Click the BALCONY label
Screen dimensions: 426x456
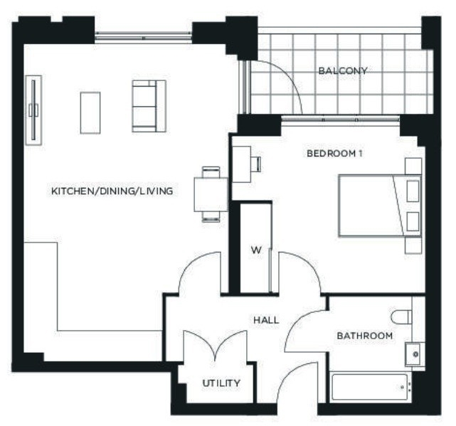click(342, 71)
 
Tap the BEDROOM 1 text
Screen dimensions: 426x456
click(334, 154)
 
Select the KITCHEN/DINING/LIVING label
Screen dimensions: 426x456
click(112, 191)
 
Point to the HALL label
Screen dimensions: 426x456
click(266, 320)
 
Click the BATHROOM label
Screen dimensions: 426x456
click(365, 336)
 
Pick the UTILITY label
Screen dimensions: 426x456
click(221, 383)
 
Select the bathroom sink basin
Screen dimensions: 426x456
click(412, 352)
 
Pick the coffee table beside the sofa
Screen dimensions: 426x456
click(90, 112)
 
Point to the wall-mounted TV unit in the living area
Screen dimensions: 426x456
click(33, 110)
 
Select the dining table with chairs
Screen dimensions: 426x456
click(211, 193)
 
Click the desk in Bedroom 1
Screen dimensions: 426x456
click(242, 164)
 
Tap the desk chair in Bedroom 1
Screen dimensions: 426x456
click(256, 164)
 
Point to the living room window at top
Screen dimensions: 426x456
click(143, 35)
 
